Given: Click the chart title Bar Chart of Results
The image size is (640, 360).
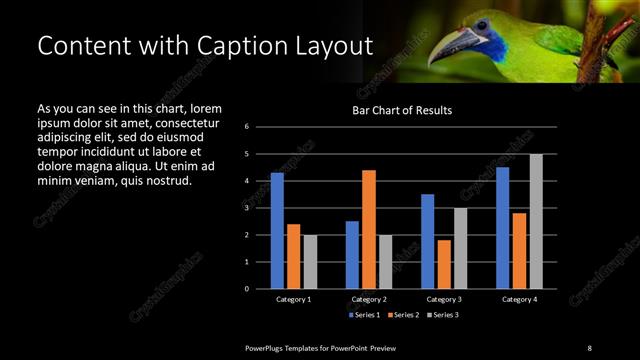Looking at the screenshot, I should [402, 110].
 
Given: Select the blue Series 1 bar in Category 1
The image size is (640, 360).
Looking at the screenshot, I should [277, 230].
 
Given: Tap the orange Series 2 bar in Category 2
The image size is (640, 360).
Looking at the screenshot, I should [368, 229].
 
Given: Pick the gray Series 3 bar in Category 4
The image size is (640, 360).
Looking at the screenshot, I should [536, 221].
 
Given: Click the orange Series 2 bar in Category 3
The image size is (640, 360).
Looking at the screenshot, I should [444, 264].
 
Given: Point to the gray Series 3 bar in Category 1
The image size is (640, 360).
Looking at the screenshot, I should [310, 261].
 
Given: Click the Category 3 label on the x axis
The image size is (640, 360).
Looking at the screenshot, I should [444, 299].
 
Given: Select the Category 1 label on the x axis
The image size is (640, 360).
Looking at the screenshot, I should [293, 299].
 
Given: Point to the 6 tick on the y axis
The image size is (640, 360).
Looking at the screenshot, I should [260, 127].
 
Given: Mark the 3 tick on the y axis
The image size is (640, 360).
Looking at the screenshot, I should [260, 208].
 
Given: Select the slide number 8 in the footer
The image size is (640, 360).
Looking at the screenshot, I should [589, 347].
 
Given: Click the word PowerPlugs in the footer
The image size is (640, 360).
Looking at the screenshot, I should [268, 347].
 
